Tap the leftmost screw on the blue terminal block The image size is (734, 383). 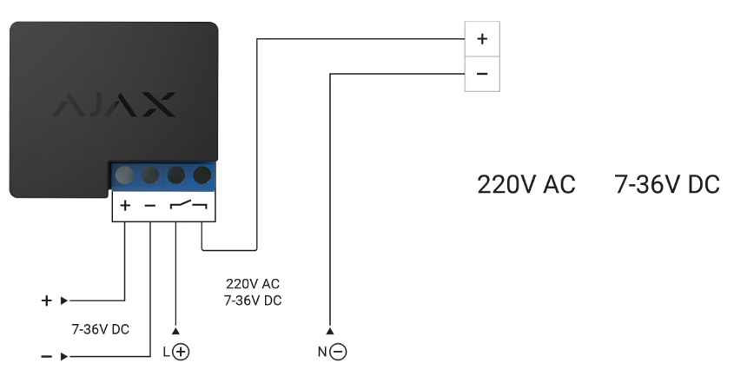tap(124, 175)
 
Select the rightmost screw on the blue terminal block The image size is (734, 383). tap(202, 175)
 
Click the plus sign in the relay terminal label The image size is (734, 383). tap(124, 206)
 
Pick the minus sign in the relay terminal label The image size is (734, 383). tap(149, 206)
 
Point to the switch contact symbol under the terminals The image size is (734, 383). tap(188, 206)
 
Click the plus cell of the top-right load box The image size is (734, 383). tap(483, 40)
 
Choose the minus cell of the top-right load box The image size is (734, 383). tap(483, 74)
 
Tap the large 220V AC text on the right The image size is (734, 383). tap(526, 185)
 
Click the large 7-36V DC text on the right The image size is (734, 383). tap(667, 185)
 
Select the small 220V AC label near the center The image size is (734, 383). tap(253, 285)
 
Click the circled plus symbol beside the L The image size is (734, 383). tap(182, 352)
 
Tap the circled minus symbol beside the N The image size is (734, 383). tap(340, 352)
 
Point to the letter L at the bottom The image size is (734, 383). tap(168, 352)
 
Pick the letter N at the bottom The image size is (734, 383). tap(323, 352)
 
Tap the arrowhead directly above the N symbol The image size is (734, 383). tap(331, 331)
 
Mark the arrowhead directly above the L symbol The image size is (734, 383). tap(176, 331)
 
